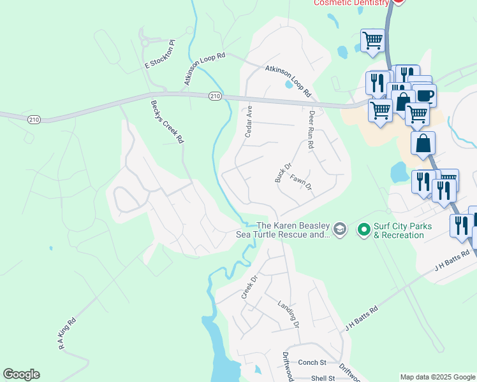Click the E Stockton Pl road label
coord(160,55)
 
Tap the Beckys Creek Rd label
coord(167,121)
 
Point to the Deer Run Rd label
coord(312,130)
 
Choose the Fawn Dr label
coord(300,183)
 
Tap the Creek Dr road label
coord(249,287)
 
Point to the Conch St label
coord(312,362)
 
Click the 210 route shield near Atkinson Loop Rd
coord(215,95)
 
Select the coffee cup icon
coord(425,96)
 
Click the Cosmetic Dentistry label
coord(351,3)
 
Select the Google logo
coord(21,374)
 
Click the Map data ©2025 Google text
coord(437,377)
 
